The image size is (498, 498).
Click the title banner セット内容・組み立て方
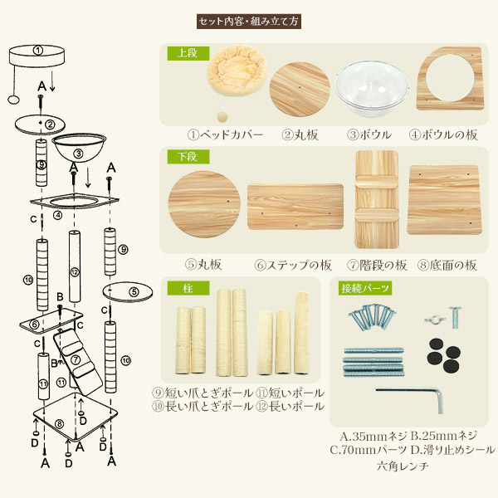[x=249, y=22]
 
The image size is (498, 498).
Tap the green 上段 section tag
[x=188, y=53]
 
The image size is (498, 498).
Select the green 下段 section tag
[x=188, y=157]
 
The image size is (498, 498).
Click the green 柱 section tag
[x=188, y=288]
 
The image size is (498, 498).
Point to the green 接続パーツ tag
[x=365, y=288]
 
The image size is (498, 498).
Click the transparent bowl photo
[x=371, y=88]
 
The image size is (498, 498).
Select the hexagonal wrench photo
[x=410, y=399]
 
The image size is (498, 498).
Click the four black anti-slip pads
[x=444, y=356]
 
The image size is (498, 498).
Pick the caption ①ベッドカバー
[x=225, y=135]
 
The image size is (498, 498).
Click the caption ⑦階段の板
[x=377, y=266]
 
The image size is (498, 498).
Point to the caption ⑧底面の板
[x=447, y=266]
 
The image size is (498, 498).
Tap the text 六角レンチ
[x=403, y=466]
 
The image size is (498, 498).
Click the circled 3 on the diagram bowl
[x=78, y=154]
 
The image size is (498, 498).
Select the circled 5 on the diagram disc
[x=134, y=292]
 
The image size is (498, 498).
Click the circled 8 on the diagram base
[x=60, y=423]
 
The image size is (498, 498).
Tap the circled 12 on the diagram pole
[x=75, y=272]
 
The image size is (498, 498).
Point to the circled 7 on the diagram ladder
[x=76, y=359]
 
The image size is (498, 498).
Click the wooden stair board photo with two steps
[x=376, y=199]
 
